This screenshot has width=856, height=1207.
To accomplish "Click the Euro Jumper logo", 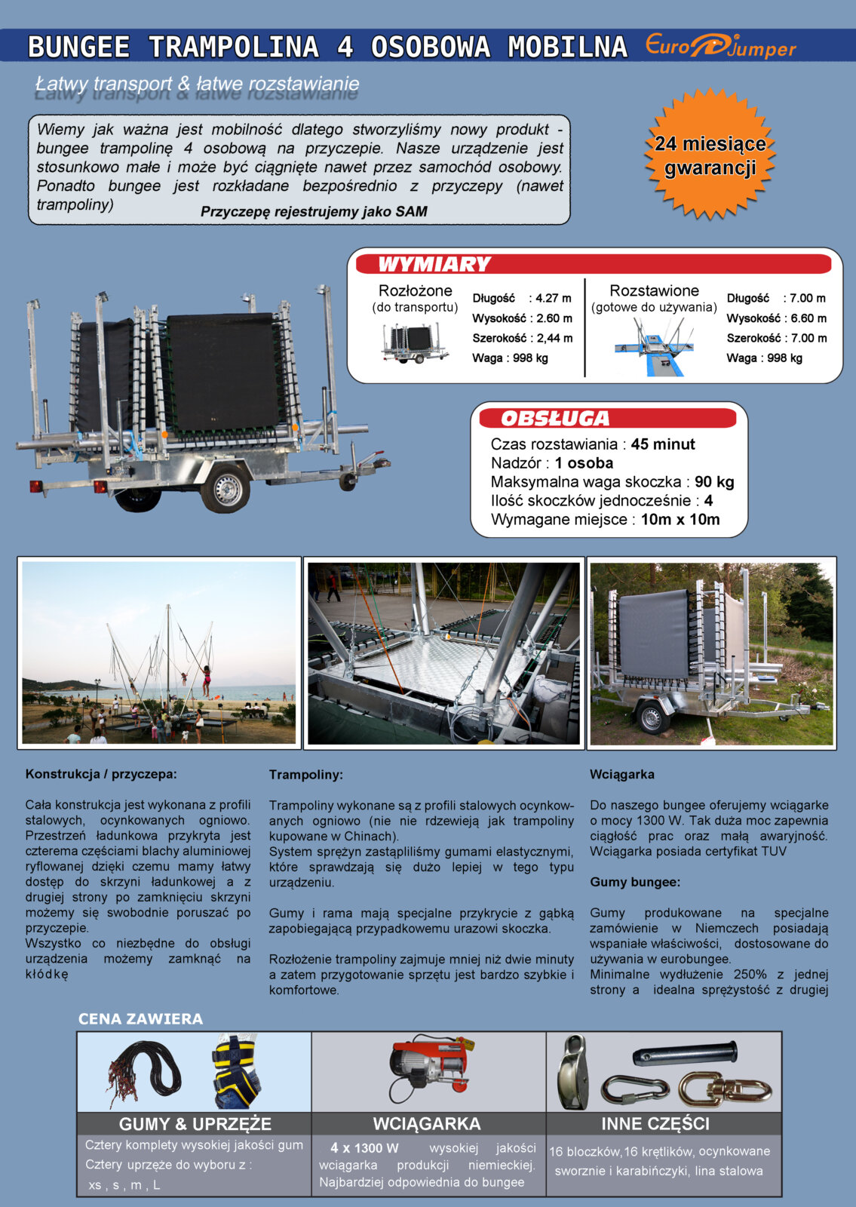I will point(720,47).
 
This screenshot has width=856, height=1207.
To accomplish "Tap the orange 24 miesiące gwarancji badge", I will point(710,155).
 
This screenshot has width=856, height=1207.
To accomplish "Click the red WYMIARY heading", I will point(434,265).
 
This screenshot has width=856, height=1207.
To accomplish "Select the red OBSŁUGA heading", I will point(555,419).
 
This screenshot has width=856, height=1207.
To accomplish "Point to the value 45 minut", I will point(663,444).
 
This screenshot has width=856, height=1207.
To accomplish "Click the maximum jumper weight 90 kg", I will point(714,482).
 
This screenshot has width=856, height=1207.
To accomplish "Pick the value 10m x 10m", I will point(680,520).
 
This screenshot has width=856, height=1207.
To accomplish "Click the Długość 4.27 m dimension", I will point(522,299).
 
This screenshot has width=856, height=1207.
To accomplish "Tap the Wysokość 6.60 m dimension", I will point(776,318).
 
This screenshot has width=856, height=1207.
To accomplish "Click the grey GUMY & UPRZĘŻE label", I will point(195,1124).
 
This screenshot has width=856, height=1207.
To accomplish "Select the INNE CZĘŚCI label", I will point(655,1124).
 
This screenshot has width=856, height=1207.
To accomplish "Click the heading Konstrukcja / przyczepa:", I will point(101,774).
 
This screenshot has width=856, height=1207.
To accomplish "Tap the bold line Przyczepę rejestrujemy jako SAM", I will point(314,212).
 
